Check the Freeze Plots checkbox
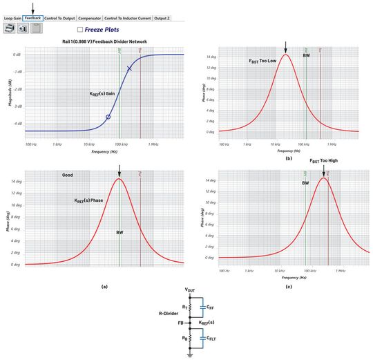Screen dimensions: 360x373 click(81, 30)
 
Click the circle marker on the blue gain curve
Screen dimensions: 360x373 click(108, 117)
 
